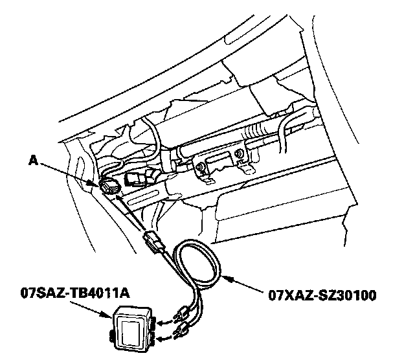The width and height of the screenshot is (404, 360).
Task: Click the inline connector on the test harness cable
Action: (153, 241)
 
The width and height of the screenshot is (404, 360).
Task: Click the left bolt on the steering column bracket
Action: (203, 168)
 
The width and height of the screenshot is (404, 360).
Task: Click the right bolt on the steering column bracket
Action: (239, 155)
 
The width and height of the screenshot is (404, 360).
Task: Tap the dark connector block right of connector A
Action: (137, 179)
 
